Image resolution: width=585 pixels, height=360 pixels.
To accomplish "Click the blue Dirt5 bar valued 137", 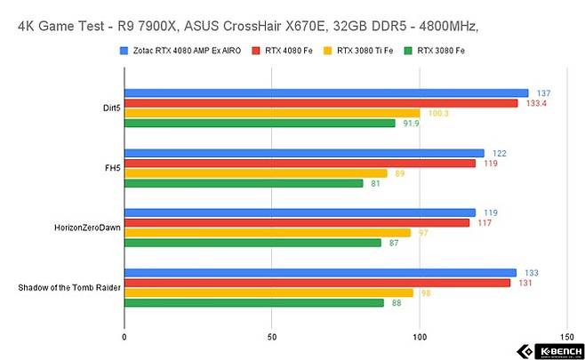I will (325, 92).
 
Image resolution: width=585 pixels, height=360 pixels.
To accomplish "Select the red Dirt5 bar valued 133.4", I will (320, 103).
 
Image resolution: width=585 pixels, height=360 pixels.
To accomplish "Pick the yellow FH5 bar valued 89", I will (255, 173).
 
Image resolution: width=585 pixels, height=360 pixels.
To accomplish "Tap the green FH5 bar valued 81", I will (244, 183).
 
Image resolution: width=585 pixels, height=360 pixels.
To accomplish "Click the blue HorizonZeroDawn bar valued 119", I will (300, 212).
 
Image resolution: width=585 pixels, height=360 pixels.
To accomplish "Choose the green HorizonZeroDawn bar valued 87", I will (252, 243).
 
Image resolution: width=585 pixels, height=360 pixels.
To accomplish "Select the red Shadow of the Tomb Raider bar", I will (317, 283).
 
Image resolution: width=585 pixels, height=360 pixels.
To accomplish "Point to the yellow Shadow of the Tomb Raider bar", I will (268, 292).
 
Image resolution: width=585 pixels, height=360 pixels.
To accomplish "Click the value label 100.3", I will (437, 113).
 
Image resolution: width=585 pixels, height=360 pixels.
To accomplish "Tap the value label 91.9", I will (411, 124).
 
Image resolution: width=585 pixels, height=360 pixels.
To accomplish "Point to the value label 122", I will (500, 153).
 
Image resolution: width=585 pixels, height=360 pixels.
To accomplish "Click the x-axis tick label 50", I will (272, 338).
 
